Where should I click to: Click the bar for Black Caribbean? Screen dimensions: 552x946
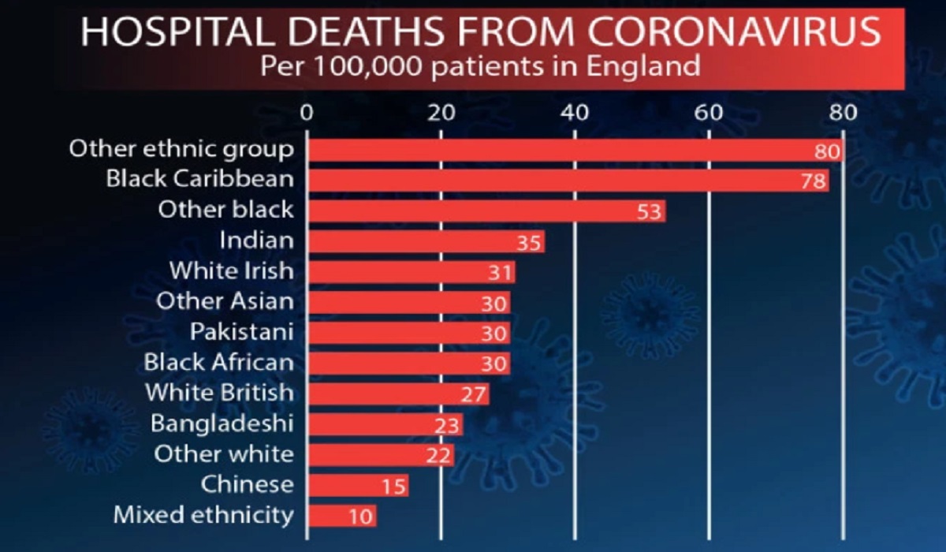click(568, 181)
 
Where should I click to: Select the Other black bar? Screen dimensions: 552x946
click(486, 211)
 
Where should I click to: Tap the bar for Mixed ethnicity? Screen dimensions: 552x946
click(341, 517)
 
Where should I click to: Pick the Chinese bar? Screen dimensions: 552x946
click(357, 486)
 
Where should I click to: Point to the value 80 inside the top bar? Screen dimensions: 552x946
click(829, 151)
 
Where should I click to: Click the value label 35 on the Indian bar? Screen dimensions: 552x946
click(529, 242)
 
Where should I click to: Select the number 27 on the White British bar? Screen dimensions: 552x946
click(474, 394)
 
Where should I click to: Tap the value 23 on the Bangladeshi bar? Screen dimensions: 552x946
click(447, 425)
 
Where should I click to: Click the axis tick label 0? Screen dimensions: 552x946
click(307, 112)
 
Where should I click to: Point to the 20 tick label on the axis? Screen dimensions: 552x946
click(441, 112)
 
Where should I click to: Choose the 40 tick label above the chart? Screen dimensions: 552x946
click(575, 112)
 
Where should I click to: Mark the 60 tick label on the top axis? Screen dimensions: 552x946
click(709, 112)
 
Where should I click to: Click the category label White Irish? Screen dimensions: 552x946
click(232, 271)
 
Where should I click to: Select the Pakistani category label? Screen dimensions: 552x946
click(242, 332)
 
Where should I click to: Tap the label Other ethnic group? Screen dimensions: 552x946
click(181, 149)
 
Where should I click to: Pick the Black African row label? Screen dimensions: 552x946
click(218, 363)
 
